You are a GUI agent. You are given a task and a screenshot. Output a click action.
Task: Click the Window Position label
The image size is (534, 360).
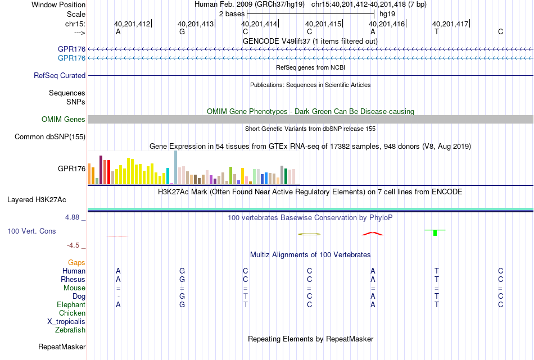point(58,4)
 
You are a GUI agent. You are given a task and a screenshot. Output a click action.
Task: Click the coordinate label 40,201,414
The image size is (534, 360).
point(259,24)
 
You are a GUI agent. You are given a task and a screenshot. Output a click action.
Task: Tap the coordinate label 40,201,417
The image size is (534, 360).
point(450,24)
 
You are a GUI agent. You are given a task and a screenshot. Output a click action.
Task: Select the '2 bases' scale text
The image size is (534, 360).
point(232,14)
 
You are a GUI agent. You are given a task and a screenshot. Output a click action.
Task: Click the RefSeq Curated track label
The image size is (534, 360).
point(60,76)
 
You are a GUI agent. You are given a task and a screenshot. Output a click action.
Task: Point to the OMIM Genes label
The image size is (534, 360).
point(64,120)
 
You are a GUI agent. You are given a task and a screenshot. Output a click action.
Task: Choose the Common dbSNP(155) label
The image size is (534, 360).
point(50,137)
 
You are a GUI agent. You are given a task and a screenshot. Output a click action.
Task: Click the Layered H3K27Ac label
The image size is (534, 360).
point(37,200)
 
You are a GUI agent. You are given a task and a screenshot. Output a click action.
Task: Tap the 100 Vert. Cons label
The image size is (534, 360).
point(31,231)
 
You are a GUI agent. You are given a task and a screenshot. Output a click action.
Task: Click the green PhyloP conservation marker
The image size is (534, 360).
point(435,233)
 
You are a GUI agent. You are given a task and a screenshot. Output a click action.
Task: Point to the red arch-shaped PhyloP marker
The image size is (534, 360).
point(373,233)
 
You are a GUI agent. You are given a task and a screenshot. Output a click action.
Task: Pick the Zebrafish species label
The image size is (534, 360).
point(70,330)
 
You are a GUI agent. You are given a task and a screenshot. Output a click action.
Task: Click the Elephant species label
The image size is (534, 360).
point(71,305)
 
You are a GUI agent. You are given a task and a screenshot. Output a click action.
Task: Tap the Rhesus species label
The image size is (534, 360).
point(73,279)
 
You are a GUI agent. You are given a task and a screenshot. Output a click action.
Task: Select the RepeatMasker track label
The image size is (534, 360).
point(62,347)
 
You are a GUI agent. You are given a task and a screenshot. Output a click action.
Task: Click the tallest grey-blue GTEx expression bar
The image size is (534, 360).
point(176,167)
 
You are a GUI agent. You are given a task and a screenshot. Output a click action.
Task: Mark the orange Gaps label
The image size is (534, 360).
point(76,262)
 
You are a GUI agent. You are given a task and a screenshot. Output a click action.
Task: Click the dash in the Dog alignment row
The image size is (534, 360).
point(118,297)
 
